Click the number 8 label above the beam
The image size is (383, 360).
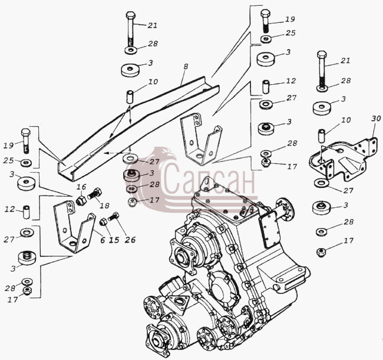coord(186,67)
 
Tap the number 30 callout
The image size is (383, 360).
coord(376,118)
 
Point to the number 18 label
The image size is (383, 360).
coord(104,206)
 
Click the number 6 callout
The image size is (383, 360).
coord(103,240)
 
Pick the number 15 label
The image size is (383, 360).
coord(114,240)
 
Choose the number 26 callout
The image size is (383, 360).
coord(130,240)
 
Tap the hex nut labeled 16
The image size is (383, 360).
coord(81,200)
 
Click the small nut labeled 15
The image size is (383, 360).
coord(103,222)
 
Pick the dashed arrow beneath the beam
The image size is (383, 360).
coord(116,153)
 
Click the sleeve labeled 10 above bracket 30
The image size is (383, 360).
coord(322,137)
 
